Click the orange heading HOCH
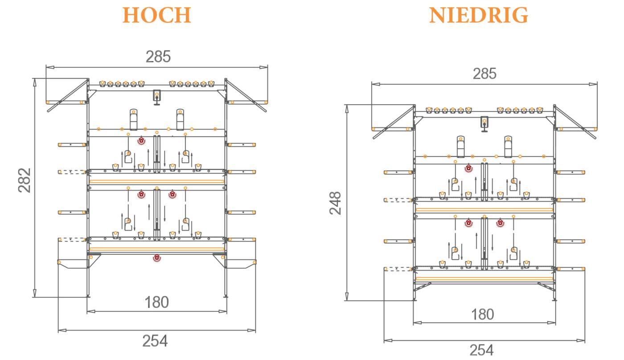pyautogui.click(x=157, y=16)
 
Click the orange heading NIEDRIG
pyautogui.click(x=479, y=16)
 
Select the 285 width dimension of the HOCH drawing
pyautogui.click(x=158, y=57)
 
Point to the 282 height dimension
pyautogui.click(x=25, y=180)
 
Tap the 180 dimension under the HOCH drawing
pyautogui.click(x=157, y=302)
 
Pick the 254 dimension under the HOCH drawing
pyautogui.click(x=155, y=341)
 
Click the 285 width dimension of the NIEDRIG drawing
pyautogui.click(x=484, y=74)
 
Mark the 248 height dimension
pyautogui.click(x=335, y=203)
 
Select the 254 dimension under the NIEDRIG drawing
pyautogui.click(x=481, y=350)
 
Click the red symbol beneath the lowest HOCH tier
pyautogui.click(x=156, y=258)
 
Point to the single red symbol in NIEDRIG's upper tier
pyautogui.click(x=468, y=168)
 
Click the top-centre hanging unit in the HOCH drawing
pyautogui.click(x=157, y=96)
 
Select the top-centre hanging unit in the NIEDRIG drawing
pyautogui.click(x=484, y=123)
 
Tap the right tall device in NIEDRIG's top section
pyautogui.click(x=509, y=147)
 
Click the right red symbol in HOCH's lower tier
pyautogui.click(x=172, y=194)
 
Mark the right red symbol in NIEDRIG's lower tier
pyautogui.click(x=500, y=222)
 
